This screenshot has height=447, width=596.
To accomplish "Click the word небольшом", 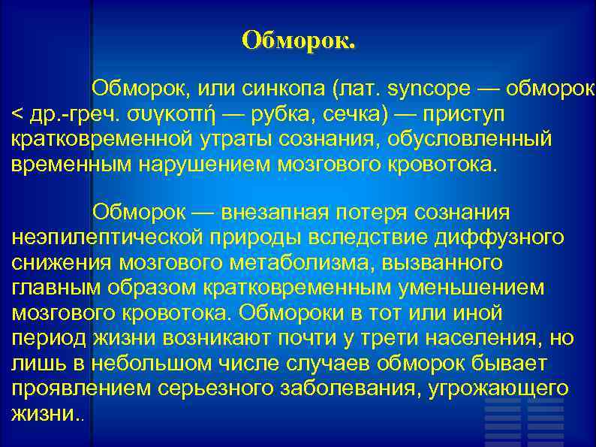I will click(x=153, y=362).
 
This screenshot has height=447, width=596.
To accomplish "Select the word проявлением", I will click(x=83, y=387).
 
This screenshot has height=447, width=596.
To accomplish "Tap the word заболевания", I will click(x=348, y=387).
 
